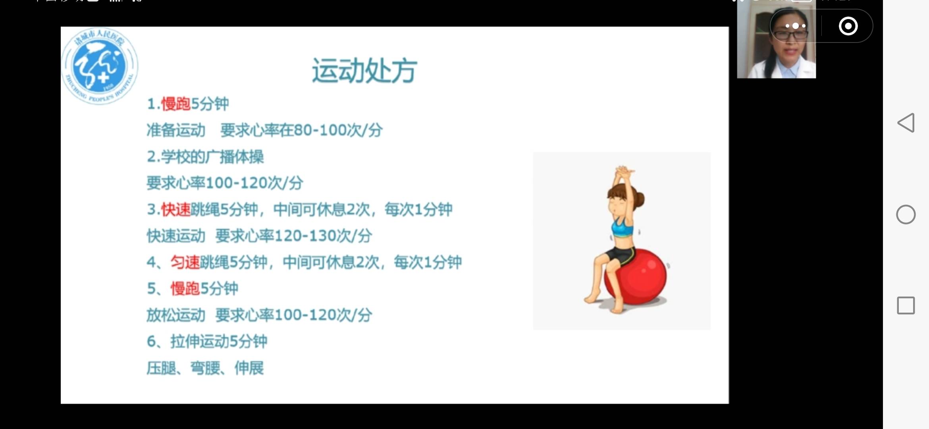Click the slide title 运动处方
pos(364,71)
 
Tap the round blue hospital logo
pos(100,66)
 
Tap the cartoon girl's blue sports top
pos(622,229)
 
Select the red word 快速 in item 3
pos(176,209)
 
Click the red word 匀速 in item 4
pos(185,262)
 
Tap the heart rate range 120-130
pos(305,236)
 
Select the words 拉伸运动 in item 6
pos(200,342)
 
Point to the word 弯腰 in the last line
pos(205,368)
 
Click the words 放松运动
pos(176,315)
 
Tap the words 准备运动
pos(176,130)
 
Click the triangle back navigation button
pos(906,123)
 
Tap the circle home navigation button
pos(906,214)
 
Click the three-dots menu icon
pos(795,26)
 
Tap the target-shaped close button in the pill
pos(848,26)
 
